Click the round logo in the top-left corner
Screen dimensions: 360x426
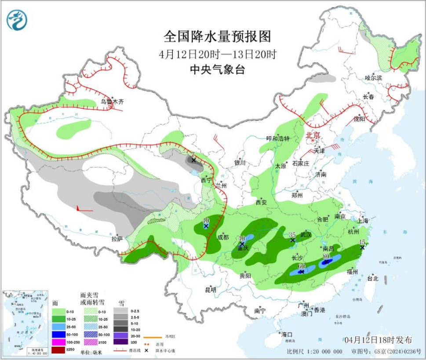(x=17, y=20)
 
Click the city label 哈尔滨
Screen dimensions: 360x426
(x=373, y=78)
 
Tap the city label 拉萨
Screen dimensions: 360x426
(x=117, y=239)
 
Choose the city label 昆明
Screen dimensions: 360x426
(x=211, y=290)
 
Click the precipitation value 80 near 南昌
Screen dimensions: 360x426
(x=326, y=256)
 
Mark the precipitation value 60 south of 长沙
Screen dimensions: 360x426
(x=302, y=266)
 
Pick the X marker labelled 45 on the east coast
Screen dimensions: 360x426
(x=362, y=247)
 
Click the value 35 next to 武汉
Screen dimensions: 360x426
(x=292, y=235)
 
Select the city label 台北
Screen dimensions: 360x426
(x=372, y=278)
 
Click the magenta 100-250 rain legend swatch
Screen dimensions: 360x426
(x=58, y=342)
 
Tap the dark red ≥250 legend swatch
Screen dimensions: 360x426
(x=58, y=350)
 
